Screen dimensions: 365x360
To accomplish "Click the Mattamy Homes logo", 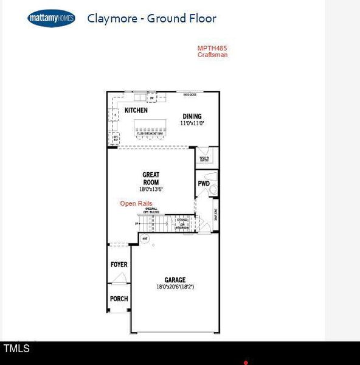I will point(51,19).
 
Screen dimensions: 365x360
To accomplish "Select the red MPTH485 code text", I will point(212,48).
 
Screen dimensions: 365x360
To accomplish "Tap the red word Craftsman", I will point(212,55).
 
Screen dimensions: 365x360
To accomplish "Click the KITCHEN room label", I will point(136,111).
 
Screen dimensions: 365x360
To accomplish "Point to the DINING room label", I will point(192,116).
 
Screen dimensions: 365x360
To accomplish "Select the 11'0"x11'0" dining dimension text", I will point(192,123).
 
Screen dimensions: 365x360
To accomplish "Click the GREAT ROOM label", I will point(151,178).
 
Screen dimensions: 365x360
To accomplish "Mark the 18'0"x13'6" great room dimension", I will point(151,189).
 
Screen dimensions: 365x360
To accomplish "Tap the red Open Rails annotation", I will point(136,204).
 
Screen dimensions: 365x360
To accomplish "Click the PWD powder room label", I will point(203,183).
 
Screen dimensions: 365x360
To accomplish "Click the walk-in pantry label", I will point(203,159).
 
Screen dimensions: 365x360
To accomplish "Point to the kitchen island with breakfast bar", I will point(151,127).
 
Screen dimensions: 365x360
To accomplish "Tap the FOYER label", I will point(119,265).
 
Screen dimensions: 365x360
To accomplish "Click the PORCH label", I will point(119,299).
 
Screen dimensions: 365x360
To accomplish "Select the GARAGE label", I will point(175,280).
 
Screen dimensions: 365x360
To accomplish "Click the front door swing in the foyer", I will point(120,279).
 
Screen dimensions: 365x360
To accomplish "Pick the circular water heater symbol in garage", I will point(145,239).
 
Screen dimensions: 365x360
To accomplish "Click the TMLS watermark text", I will point(16,349).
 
